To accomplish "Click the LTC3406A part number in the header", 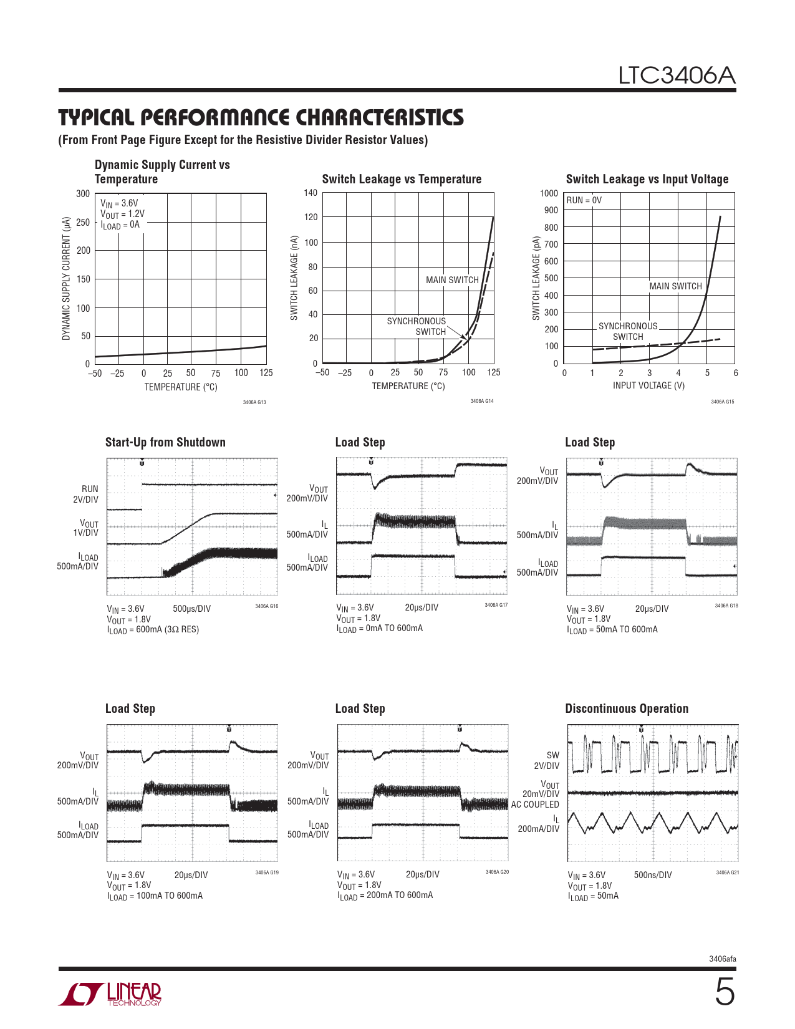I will (677, 76).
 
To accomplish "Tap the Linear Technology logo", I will (110, 994).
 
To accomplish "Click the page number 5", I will (724, 992).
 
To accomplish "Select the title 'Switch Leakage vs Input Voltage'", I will (647, 180).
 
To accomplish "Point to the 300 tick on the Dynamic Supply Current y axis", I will (83, 194).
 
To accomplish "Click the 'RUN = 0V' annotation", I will (584, 200).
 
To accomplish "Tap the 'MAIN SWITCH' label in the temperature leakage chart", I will (452, 280).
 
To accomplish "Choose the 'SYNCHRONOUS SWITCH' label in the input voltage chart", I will (627, 331).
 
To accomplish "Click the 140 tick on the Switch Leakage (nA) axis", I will (311, 193).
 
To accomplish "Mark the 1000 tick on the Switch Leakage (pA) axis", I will (549, 194).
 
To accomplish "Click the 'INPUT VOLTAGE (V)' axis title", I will (648, 385).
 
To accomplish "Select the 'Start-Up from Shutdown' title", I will (165, 443).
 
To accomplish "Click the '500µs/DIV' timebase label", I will (191, 609).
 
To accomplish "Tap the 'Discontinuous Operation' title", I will (627, 709).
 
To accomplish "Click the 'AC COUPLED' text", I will (535, 804).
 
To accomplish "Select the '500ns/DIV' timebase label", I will (653, 875).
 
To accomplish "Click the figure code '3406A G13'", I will (254, 402).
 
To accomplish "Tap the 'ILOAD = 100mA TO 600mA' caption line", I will (155, 896).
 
